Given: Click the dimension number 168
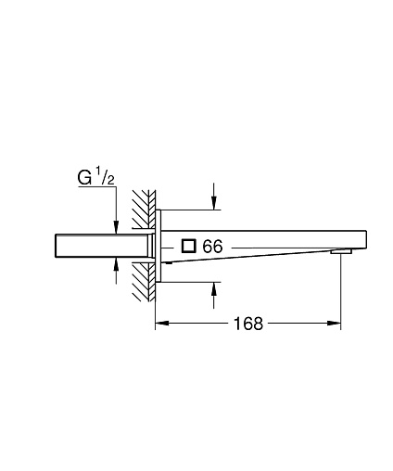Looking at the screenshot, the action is point(248,324).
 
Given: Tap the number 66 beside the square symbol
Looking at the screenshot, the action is point(212,247).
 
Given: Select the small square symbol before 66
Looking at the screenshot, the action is point(189,246).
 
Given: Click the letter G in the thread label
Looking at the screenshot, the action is point(84,178).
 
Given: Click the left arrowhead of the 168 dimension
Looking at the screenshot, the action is point(162,323).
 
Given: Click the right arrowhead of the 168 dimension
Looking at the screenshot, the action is point(334,323).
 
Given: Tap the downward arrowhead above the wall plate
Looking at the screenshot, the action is point(213,203).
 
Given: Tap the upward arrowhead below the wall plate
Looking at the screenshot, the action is point(213,289).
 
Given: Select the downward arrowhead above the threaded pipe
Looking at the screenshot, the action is point(116,227).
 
